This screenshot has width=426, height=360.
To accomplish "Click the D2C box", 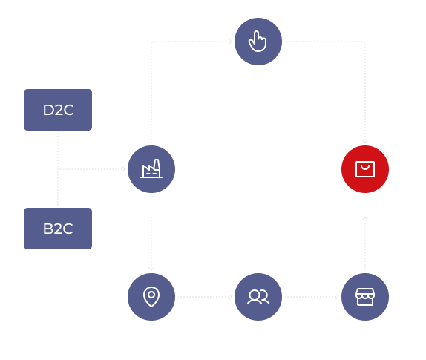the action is pos(58,110).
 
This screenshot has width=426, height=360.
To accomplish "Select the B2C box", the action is pos(58,229).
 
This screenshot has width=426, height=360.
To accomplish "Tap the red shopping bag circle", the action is pos(365,169).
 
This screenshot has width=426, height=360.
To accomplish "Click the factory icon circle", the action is pos(151,169).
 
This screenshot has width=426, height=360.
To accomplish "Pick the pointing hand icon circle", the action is pos(258,42).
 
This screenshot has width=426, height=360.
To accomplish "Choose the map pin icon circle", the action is pos(151,297).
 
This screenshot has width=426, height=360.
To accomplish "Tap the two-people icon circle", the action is pos(258,297).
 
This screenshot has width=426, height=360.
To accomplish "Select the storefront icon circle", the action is pos(365,297).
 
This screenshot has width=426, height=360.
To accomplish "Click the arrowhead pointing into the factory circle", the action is pos(124,169).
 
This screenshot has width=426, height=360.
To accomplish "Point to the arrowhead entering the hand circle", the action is pos(230,42).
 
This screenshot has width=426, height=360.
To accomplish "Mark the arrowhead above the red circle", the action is pos(365,141).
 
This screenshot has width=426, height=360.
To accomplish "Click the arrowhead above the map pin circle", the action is pos(151,269).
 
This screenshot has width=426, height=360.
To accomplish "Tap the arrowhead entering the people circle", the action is pos(230,297).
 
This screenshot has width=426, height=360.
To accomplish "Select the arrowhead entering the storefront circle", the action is pos(337,297).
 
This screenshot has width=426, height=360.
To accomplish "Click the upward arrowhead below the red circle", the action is pos(365,219).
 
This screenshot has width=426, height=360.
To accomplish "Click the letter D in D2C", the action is pos(48,110).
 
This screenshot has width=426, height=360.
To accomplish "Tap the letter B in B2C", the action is pos(47,229).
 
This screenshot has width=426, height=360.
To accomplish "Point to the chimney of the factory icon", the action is pos(157,165).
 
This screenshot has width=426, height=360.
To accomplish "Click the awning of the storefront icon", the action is pos(365,292).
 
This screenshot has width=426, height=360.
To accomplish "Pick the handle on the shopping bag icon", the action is pos(365,166).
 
